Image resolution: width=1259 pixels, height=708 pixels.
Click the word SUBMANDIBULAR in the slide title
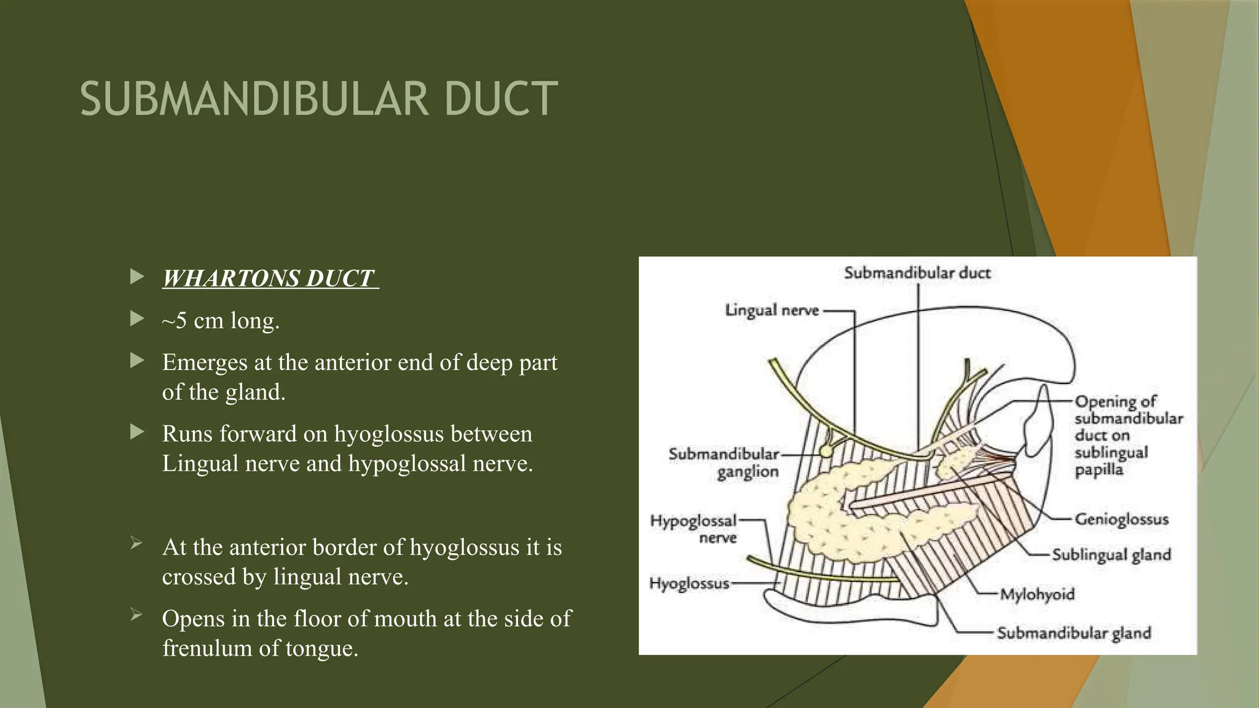click(x=254, y=99)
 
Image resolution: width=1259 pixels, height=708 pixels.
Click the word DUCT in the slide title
click(x=500, y=99)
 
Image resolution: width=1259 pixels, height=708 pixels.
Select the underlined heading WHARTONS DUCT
click(x=269, y=278)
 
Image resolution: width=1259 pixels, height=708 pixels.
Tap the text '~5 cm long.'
click(x=221, y=320)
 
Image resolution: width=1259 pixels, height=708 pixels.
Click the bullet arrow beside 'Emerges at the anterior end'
click(x=137, y=361)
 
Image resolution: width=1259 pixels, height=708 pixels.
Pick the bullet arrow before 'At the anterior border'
click(x=136, y=543)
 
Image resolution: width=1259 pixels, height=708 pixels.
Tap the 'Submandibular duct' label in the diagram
click(x=917, y=273)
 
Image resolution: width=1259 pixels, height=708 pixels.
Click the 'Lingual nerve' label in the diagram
click(x=772, y=310)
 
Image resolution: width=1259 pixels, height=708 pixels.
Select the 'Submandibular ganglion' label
click(x=724, y=463)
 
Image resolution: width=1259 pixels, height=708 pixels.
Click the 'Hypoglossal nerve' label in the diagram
click(x=693, y=529)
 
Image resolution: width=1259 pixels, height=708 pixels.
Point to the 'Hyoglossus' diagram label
click(x=689, y=583)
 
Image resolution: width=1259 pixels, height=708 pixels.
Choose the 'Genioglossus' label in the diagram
click(x=1121, y=519)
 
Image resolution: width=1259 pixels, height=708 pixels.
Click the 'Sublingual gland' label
click(x=1111, y=554)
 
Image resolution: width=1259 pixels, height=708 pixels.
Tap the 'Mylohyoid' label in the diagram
click(x=1037, y=594)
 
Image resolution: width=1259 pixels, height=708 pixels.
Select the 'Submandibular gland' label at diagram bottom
click(x=1073, y=633)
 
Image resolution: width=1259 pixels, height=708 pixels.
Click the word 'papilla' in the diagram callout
click(x=1099, y=470)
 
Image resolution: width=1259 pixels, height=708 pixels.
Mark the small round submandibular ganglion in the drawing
click(x=827, y=450)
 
